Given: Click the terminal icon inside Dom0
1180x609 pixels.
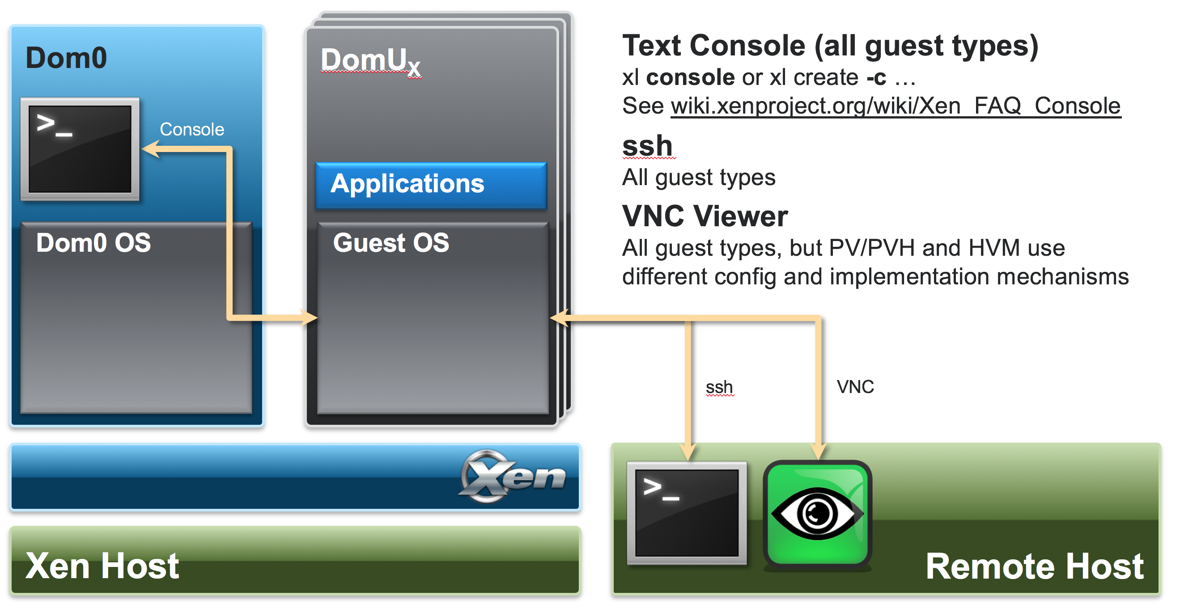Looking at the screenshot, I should tap(80, 149).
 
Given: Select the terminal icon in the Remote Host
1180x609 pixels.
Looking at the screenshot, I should tap(686, 513).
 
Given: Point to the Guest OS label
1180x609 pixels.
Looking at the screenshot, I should tap(391, 243).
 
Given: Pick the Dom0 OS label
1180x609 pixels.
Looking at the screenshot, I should tap(93, 243).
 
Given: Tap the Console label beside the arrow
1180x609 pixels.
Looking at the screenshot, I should tap(192, 130).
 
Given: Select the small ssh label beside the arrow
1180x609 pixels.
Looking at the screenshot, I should tap(719, 387).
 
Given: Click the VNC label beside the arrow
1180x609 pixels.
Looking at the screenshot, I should tap(855, 387).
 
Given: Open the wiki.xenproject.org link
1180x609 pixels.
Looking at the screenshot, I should tap(896, 106).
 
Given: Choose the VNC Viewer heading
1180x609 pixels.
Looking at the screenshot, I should tap(705, 216).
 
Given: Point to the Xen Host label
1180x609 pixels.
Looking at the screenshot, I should tap(102, 566).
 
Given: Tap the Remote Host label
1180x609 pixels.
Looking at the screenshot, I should tap(1034, 567).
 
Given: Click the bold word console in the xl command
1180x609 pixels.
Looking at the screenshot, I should tap(690, 77).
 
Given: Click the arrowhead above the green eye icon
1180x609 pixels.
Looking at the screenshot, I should tap(818, 452).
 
